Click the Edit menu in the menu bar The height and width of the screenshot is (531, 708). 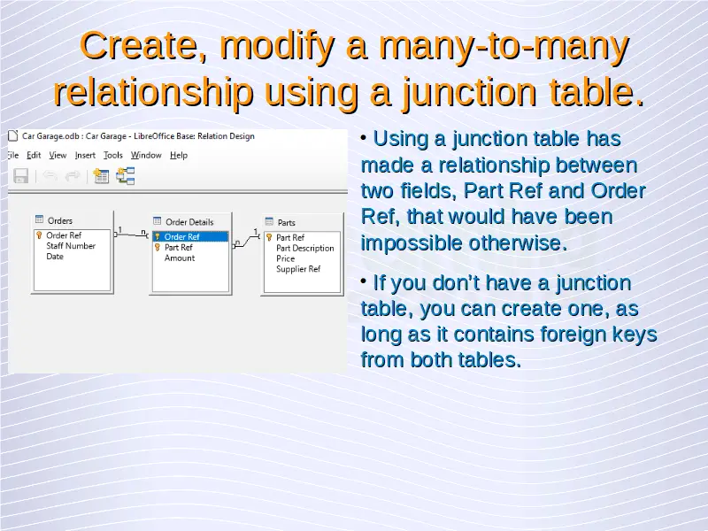(x=34, y=156)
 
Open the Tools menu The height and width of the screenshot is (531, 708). (x=113, y=156)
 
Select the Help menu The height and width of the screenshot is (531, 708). (x=179, y=156)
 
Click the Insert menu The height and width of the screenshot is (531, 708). (x=85, y=156)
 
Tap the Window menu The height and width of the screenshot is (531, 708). (x=146, y=156)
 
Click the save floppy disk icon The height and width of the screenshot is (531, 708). (x=20, y=175)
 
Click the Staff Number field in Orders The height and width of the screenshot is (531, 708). (x=71, y=246)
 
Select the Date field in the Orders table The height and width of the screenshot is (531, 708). (x=55, y=257)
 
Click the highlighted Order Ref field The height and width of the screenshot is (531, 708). (x=190, y=236)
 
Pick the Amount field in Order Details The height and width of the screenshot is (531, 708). (x=180, y=258)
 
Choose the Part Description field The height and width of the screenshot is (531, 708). (x=305, y=249)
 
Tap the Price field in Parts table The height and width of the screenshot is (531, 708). (x=285, y=258)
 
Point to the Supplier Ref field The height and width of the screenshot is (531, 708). (x=298, y=269)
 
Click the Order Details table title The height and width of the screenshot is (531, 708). (x=189, y=222)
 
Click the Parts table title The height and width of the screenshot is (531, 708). (x=286, y=223)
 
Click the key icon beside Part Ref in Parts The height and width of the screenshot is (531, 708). (x=269, y=237)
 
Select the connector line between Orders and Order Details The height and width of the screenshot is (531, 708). (x=131, y=235)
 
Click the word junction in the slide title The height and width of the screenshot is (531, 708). (x=470, y=92)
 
